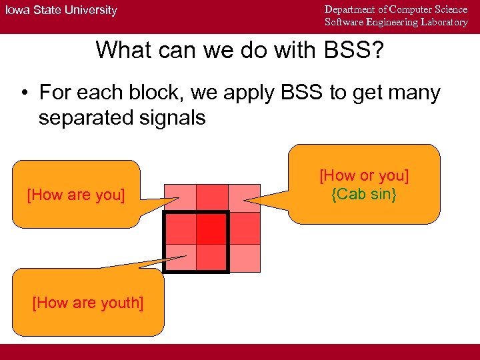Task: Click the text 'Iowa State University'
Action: [61, 10]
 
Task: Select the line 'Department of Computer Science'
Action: [396, 9]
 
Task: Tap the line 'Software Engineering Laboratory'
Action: [396, 22]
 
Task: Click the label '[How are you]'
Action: [75, 195]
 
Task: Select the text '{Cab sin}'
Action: [364, 195]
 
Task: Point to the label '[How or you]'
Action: [364, 176]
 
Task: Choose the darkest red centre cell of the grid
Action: [212, 228]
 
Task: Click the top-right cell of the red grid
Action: [244, 198]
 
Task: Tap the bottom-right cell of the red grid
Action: [244, 258]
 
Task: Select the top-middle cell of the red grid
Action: [212, 198]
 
